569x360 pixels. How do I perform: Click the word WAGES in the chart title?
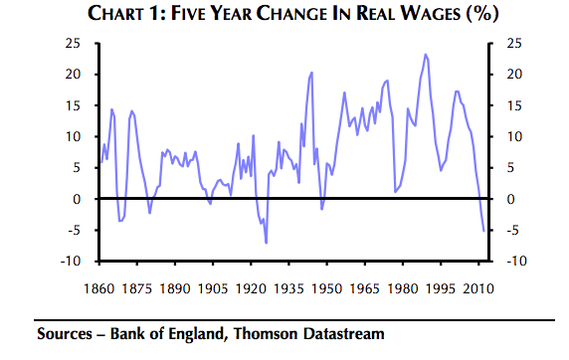(430, 14)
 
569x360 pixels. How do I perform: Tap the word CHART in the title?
(116, 14)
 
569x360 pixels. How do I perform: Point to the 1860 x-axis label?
(99, 288)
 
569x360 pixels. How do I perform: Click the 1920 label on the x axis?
(251, 288)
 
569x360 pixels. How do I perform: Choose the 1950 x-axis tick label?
(327, 288)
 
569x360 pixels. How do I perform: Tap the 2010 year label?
(478, 288)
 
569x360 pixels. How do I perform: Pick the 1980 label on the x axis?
(403, 288)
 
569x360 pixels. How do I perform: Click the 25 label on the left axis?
(73, 44)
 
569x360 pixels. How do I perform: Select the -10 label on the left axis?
(71, 261)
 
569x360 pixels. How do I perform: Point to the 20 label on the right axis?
(514, 75)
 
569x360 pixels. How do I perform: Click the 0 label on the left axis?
(77, 199)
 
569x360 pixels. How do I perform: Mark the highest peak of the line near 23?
(426, 55)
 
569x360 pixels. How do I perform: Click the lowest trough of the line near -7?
(266, 243)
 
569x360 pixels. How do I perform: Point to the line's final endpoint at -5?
(483, 231)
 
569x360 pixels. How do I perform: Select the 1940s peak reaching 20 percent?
(311, 73)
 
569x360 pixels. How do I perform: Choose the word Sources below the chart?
(65, 334)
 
